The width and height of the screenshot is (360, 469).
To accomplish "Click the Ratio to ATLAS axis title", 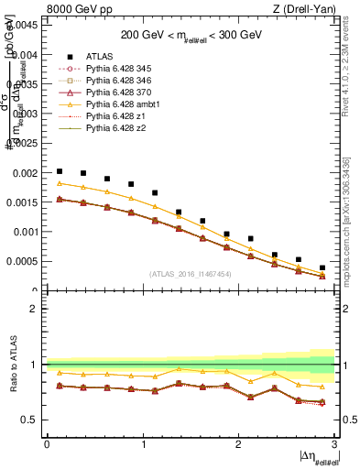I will coord(11,365).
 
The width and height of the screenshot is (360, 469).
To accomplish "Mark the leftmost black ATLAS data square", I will coord(60,171).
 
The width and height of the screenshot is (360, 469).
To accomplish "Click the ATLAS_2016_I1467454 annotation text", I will coord(190,274).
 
